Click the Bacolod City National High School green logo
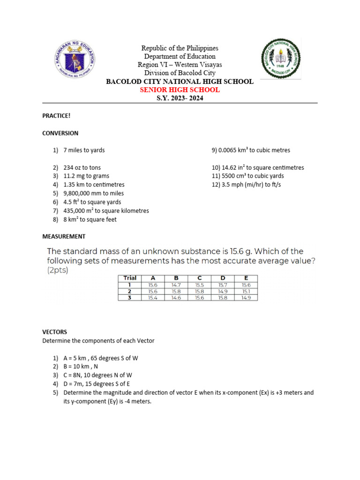[x=281, y=58]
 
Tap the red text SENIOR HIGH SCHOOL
[x=180, y=90]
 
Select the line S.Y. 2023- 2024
[x=180, y=98]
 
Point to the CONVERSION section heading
[x=60, y=133]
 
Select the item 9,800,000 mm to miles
[x=93, y=193]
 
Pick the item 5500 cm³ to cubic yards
[x=247, y=176]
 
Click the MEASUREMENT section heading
[x=64, y=236]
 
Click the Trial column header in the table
[x=129, y=278]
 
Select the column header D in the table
[x=223, y=278]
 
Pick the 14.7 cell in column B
[x=176, y=285]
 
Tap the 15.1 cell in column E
[x=246, y=291]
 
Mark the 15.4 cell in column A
[x=152, y=297]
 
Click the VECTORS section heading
[x=54, y=332]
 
